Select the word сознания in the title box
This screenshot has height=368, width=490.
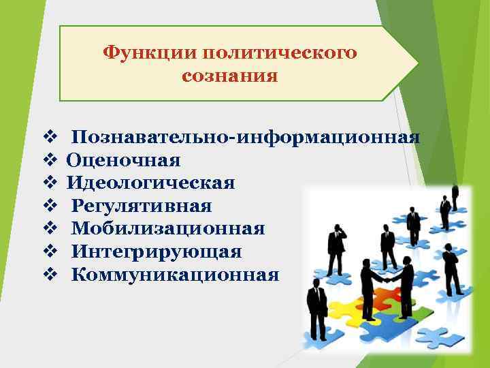[x=229, y=75]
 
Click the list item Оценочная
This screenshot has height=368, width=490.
[x=123, y=160]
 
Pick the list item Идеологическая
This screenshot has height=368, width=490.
[x=150, y=183]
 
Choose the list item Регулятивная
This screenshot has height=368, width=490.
[x=142, y=206]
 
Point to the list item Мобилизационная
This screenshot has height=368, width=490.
[x=168, y=228]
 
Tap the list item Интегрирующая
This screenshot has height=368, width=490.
[x=157, y=251]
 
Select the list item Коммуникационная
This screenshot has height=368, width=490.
[x=175, y=275]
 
